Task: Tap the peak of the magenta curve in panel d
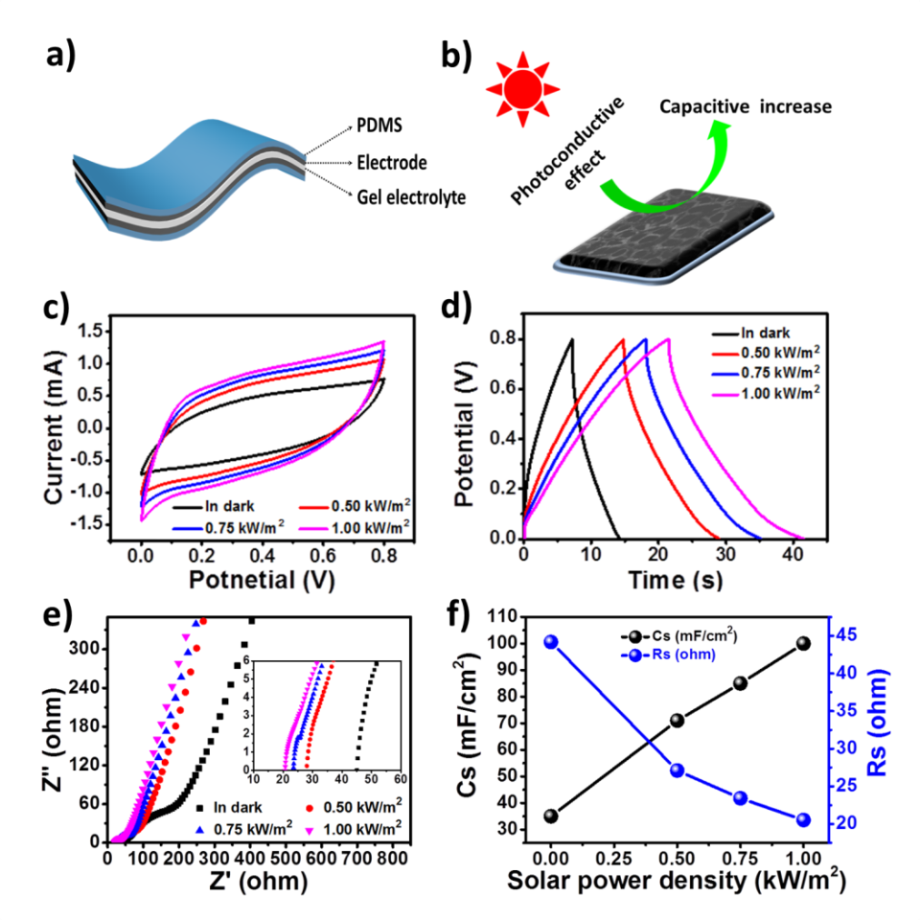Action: point(667,338)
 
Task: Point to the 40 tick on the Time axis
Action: point(793,557)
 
